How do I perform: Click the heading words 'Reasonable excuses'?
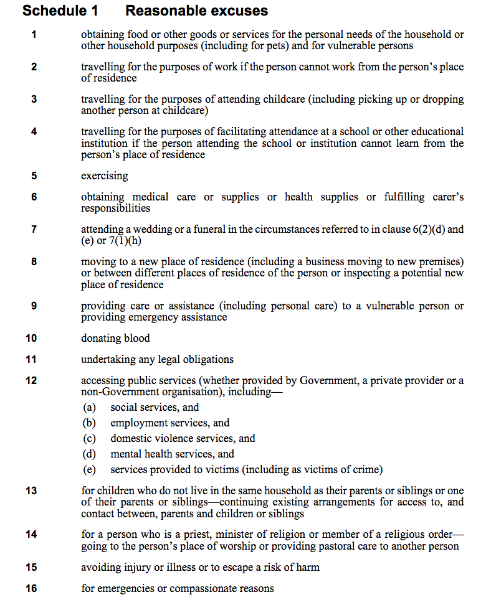196,11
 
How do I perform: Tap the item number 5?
34,176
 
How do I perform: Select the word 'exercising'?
105,176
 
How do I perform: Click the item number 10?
31,339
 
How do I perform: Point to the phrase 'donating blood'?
115,339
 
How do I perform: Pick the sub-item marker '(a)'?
90,408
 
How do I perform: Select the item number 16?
31,588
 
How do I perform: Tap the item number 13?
31,491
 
